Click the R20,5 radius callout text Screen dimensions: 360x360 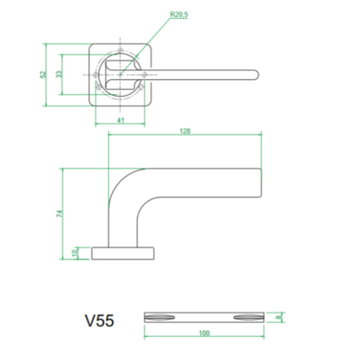tap(179, 15)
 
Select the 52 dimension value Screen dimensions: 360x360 tap(43, 74)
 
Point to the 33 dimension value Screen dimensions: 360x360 tap(59, 74)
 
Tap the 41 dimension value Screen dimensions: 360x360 tap(120, 120)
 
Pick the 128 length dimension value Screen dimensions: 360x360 tap(185, 131)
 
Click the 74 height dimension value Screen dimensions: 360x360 tap(59, 214)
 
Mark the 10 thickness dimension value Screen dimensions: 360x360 tap(74, 253)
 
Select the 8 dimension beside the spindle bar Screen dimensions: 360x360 tap(278, 317)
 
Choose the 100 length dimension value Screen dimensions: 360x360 tap(204, 333)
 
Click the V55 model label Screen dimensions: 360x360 tap(99, 321)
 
